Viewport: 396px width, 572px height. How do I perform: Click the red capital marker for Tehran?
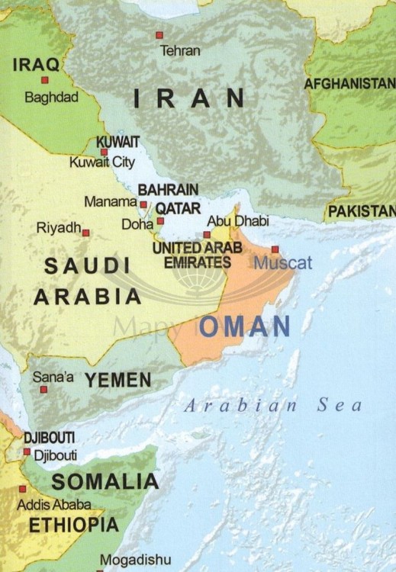coord(159,34)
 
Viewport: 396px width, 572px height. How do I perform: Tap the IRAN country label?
coord(189,98)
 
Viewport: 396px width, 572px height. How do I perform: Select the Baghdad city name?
coord(51,98)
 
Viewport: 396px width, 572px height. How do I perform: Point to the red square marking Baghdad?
coord(45,79)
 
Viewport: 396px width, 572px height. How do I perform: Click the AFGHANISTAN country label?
coord(349,84)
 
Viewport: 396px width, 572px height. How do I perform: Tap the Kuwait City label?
coord(101,162)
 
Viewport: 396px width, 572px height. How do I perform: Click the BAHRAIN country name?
coord(168,189)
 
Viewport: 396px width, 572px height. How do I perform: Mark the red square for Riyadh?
coord(85,233)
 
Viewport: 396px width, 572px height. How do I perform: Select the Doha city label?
coord(137,225)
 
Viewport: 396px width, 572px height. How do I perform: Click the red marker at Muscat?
coord(275,249)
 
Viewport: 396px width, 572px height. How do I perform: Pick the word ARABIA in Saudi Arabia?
coord(87,297)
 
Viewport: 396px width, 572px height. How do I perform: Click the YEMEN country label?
coord(118,380)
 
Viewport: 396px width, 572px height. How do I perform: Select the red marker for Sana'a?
coord(43,389)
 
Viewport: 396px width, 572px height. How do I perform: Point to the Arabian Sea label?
coord(273,406)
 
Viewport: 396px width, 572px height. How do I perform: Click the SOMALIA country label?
coord(105,481)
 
